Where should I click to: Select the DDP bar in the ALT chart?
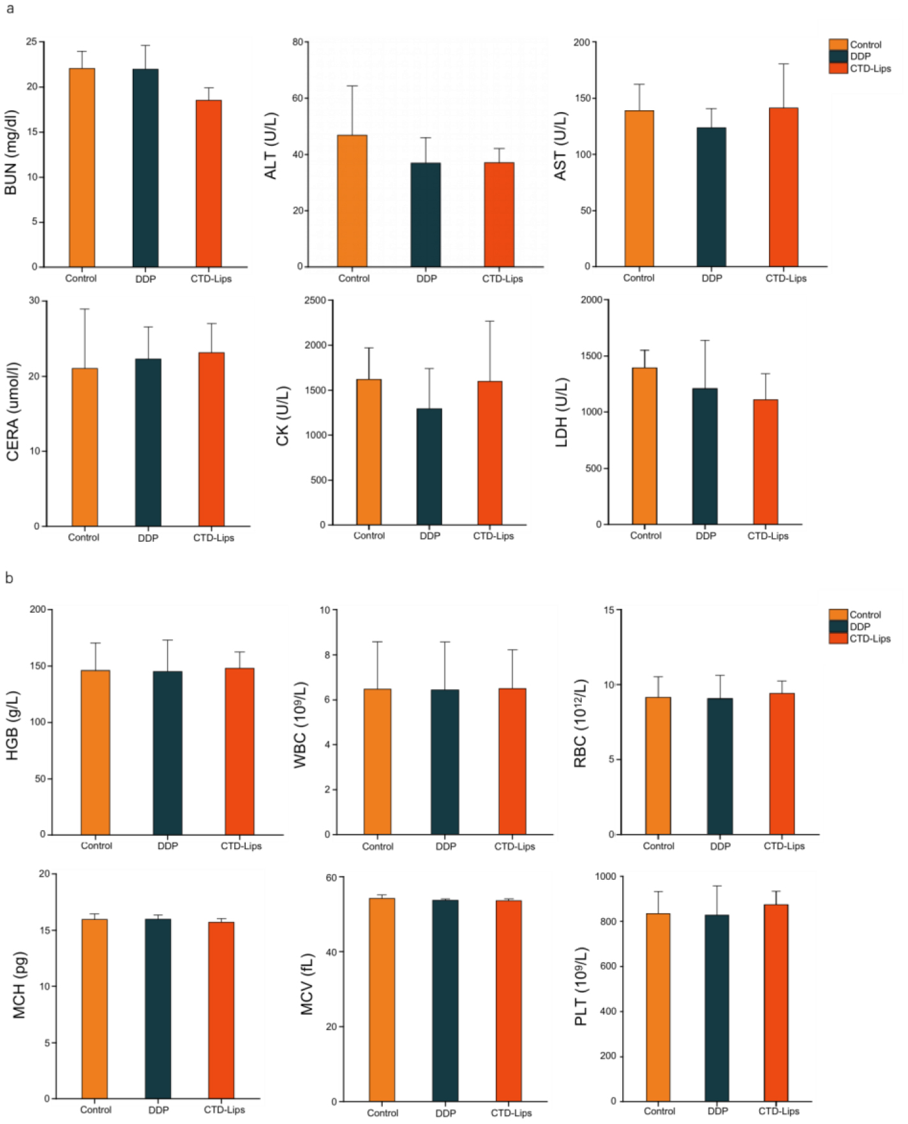[x=426, y=215]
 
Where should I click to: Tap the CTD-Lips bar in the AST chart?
[x=783, y=187]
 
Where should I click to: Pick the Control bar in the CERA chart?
[x=85, y=447]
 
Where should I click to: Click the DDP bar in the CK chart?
[x=429, y=467]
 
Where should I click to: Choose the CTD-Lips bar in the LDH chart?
[x=765, y=462]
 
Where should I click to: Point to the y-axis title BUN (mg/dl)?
[x=11, y=153]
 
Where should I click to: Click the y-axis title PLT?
[x=581, y=986]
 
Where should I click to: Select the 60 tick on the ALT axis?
[x=298, y=98]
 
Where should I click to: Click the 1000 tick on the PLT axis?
[x=606, y=877]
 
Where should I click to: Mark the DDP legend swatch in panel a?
[x=838, y=57]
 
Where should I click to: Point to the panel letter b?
[x=9, y=578]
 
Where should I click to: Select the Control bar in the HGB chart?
[x=95, y=752]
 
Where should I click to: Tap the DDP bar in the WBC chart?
[x=445, y=762]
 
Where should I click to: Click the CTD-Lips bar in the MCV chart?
[x=509, y=1001]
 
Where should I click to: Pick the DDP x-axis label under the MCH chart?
[x=159, y=1110]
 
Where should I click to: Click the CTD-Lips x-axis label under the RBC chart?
[x=784, y=846]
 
